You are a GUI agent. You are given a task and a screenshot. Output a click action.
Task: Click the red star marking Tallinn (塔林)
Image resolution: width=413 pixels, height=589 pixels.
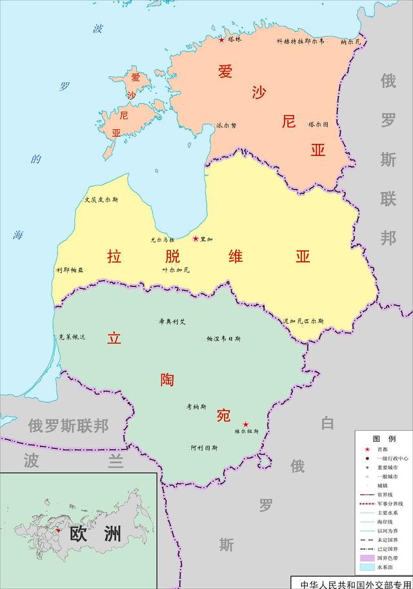point(221,39)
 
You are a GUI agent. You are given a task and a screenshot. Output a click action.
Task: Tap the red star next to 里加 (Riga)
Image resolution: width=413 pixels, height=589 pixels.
point(196,239)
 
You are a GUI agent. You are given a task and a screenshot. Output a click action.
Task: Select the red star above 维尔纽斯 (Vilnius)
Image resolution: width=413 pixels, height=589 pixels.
point(245,424)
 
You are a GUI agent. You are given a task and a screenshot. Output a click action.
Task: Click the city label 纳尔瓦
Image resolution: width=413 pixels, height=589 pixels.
point(351,42)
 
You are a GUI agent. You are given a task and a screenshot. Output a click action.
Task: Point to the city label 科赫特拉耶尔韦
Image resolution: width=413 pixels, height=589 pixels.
point(300,41)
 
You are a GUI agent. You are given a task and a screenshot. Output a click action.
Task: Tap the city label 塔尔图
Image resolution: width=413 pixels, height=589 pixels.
point(318,124)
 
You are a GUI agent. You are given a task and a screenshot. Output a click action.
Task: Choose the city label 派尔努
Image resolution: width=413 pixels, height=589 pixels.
point(226,126)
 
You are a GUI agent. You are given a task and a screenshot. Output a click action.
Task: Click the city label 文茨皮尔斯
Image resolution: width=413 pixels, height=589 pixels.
point(101,199)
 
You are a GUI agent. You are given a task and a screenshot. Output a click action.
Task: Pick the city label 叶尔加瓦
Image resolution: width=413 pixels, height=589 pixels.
point(176,270)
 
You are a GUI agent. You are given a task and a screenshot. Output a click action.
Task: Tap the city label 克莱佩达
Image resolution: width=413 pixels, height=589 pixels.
point(72,337)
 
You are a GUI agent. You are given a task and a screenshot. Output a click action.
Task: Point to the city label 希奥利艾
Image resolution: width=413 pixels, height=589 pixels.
point(172,321)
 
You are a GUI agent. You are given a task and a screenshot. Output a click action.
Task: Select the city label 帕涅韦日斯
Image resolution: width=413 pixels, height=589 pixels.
point(224,338)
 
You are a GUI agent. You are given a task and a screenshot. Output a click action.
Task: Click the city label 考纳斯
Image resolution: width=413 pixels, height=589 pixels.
point(196,407)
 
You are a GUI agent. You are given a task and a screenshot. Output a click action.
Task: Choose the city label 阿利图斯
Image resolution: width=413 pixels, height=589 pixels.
point(204,448)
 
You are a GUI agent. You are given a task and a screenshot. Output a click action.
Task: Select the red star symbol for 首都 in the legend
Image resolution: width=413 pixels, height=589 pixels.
point(367,450)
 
